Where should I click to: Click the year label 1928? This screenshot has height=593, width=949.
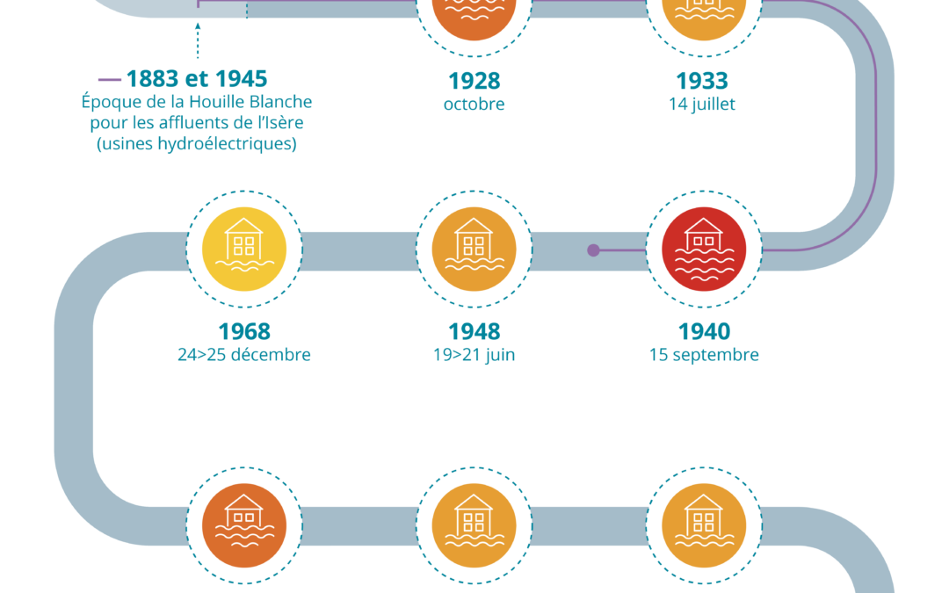click(x=474, y=81)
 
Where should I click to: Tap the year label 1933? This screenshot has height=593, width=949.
click(x=701, y=81)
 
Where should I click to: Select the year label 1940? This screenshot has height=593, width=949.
click(x=704, y=331)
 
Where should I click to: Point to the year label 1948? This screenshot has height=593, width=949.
click(x=474, y=331)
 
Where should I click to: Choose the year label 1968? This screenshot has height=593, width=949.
click(x=244, y=331)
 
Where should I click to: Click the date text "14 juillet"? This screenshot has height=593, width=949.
click(x=702, y=104)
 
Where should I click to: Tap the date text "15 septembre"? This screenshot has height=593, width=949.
click(x=704, y=355)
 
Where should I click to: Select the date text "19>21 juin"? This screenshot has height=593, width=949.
click(x=474, y=355)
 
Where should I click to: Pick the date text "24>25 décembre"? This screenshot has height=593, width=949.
click(x=244, y=355)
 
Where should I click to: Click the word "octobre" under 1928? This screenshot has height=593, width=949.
click(x=474, y=104)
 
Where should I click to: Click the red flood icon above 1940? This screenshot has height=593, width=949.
click(x=704, y=249)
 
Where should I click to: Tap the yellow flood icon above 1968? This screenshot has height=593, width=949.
click(x=244, y=249)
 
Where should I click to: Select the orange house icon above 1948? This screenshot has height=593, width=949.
click(x=474, y=249)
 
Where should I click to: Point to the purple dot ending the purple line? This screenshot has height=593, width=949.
click(x=593, y=249)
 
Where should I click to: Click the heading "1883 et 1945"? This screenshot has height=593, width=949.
click(x=197, y=79)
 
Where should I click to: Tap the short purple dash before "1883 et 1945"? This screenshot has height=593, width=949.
click(x=110, y=79)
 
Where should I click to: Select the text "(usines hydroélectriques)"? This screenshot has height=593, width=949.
click(x=197, y=143)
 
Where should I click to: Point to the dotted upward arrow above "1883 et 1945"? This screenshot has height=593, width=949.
click(x=198, y=40)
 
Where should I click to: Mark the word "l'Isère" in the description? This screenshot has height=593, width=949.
click(x=279, y=123)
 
